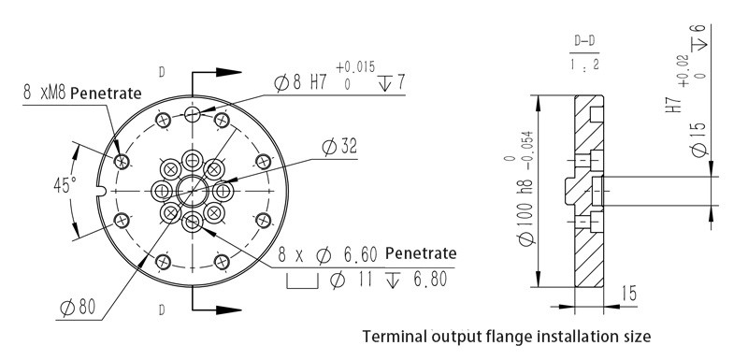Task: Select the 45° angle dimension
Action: [64, 185]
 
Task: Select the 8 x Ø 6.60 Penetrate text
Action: [367, 254]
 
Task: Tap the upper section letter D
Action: [164, 71]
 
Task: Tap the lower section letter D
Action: [163, 309]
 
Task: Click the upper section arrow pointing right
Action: [222, 72]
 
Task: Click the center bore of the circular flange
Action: [193, 190]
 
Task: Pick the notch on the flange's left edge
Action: [100, 194]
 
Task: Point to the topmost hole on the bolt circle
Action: [193, 113]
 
